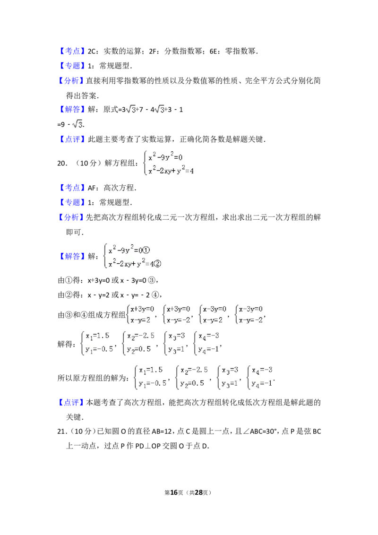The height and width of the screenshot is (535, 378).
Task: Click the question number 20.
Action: (62, 164)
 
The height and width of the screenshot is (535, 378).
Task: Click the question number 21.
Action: (62, 431)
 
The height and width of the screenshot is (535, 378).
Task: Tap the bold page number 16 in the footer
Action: (174, 492)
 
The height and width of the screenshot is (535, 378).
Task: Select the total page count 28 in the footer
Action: (198, 492)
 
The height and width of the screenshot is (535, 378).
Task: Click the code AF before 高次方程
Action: (92, 188)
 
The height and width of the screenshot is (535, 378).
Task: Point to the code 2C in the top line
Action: (92, 51)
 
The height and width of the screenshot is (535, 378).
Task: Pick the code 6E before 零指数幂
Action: (214, 51)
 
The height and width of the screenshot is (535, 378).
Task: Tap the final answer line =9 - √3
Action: (71, 124)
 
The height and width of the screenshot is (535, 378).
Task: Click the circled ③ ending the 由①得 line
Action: (152, 280)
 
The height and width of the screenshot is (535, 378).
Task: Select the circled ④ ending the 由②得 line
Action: (155, 295)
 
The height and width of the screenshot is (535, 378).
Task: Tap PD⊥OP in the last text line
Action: (148, 446)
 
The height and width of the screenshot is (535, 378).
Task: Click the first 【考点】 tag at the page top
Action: (72, 51)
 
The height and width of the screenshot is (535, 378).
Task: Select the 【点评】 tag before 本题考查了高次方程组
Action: (72, 403)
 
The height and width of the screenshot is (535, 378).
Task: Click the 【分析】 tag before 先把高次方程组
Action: (72, 217)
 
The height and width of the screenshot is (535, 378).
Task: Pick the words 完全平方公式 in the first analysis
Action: (264, 81)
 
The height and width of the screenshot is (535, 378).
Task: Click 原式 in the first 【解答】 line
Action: (111, 110)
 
